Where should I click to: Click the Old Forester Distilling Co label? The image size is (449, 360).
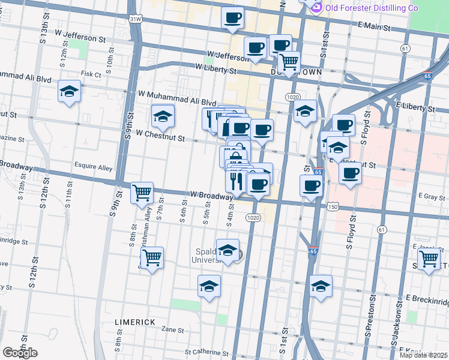click(371, 8)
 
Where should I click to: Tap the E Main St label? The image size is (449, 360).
click(373, 28)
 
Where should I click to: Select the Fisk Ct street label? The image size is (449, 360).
click(91, 74)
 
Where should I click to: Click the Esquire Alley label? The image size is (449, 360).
click(93, 167)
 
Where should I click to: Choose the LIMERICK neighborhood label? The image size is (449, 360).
click(135, 322)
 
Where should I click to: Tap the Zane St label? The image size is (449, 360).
click(172, 329)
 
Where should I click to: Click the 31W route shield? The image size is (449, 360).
click(136, 19)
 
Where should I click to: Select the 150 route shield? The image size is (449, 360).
click(333, 206)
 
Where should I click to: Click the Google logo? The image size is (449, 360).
click(19, 353)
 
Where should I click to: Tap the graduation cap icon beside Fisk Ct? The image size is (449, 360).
click(70, 91)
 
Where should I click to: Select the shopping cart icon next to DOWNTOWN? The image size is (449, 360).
click(289, 62)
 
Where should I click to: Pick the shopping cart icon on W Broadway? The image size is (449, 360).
click(142, 193)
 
